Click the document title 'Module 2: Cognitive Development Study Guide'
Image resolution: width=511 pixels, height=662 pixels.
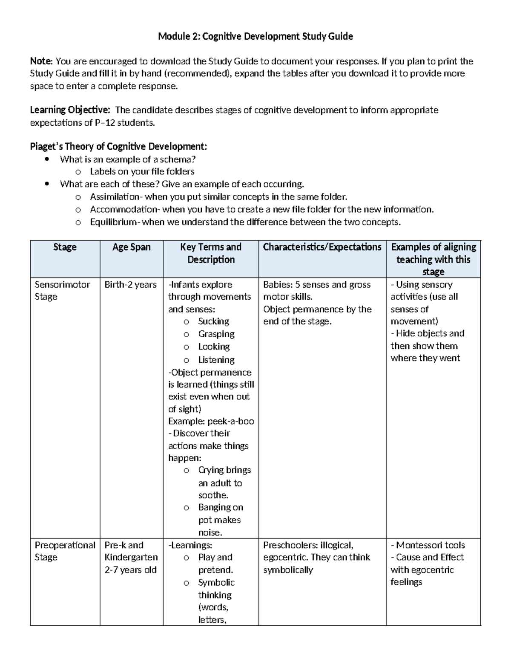click(255, 37)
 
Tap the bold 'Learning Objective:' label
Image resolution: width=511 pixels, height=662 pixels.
click(70, 110)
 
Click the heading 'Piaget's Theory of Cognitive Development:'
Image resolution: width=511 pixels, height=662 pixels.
click(118, 147)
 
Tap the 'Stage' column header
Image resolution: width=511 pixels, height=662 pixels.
click(65, 247)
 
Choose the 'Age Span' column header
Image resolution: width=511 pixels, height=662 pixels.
click(131, 247)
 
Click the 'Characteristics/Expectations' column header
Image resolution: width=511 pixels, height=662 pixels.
click(322, 247)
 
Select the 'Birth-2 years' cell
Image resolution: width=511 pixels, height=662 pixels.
click(130, 285)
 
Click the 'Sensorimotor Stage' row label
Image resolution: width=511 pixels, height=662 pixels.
click(62, 290)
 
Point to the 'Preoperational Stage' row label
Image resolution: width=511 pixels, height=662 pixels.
click(65, 551)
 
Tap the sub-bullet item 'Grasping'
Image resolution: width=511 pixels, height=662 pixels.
click(216, 334)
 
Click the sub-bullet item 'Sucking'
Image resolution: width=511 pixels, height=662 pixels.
click(213, 321)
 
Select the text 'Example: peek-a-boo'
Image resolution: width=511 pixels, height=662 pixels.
click(211, 422)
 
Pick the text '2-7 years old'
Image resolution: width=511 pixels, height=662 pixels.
click(130, 570)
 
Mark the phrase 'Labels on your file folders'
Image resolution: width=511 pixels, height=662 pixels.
click(142, 172)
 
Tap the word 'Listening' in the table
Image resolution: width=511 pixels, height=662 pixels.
click(216, 360)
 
